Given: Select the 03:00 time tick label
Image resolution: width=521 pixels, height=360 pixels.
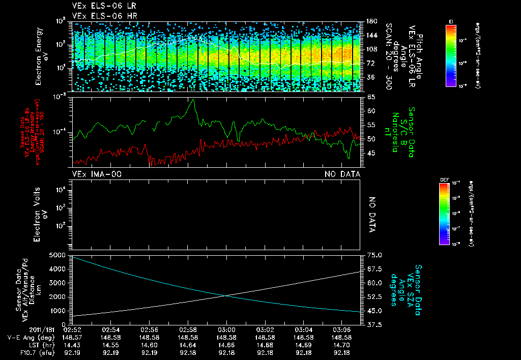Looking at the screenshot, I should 226,329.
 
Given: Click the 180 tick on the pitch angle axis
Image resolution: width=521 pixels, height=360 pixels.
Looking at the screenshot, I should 370,21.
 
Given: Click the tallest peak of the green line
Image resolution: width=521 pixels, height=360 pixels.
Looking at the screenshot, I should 193,100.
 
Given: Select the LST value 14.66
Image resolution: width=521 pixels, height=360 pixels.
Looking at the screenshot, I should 226,344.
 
